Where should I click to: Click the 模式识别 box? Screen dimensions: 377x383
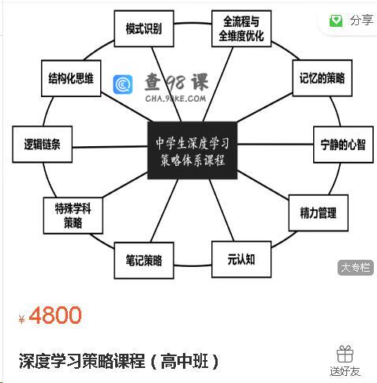tap(144, 28)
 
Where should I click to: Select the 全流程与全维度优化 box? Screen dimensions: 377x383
tap(241, 28)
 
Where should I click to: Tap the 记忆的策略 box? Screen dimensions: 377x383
tap(323, 78)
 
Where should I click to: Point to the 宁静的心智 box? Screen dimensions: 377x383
tap(343, 145)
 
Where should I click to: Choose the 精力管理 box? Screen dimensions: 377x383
tap(319, 213)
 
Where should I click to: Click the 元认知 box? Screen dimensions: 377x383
tap(241, 260)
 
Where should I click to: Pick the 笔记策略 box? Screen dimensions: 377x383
tap(144, 261)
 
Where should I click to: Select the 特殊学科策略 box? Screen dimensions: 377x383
tap(73, 216)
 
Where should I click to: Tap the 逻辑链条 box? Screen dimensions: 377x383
tap(43, 145)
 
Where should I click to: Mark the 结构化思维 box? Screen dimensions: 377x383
tap(71, 78)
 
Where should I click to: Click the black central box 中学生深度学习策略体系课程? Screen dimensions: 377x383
tap(192, 151)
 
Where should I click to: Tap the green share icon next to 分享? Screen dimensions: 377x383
tap(336, 21)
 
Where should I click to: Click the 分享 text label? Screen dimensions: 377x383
tap(361, 21)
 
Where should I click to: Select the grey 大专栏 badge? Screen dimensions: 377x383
tap(356, 268)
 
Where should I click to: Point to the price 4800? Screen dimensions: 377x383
tap(55, 315)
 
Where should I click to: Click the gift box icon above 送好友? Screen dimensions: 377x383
tap(345, 354)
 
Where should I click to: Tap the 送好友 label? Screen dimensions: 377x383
tap(345, 372)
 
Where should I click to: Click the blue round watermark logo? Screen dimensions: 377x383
tap(123, 84)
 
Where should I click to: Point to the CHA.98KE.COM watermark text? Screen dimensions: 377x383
tap(176, 99)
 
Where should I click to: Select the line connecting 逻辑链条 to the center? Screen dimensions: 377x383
tap(110, 146)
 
